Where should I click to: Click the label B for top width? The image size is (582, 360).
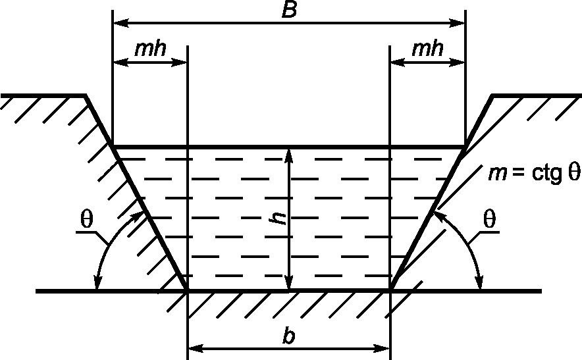point(289,10)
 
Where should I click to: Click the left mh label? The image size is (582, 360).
point(150,50)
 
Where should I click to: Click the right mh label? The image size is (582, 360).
point(427,50)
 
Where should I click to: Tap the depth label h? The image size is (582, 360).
point(280,218)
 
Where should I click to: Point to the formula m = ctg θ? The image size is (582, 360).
point(534,174)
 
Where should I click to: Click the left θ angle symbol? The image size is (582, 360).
point(86,220)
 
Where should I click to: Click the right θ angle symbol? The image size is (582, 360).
point(489,220)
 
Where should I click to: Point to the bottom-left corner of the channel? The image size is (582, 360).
point(188,290)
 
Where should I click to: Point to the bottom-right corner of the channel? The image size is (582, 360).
point(390,290)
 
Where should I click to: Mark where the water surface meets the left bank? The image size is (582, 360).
point(113,146)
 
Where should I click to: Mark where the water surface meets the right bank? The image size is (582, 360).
point(465,146)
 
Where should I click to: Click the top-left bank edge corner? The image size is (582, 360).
point(86,96)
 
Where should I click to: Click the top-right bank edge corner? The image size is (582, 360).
point(492,96)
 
